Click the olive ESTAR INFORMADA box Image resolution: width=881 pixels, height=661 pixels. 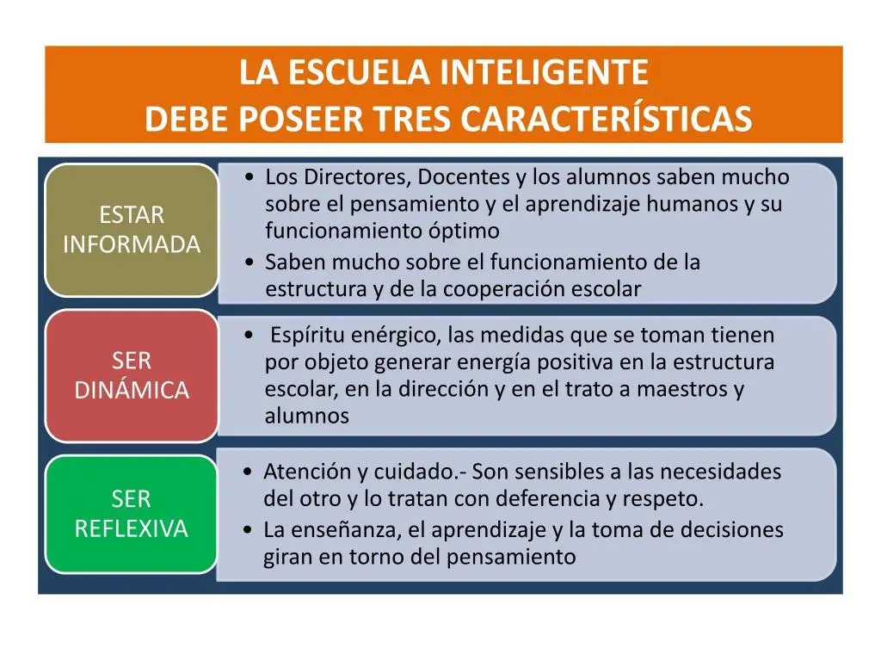click(132, 230)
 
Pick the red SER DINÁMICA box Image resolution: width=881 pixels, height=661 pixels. click(132, 375)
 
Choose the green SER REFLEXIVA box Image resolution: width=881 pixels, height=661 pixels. click(132, 514)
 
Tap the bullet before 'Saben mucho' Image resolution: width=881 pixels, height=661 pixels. click(250, 263)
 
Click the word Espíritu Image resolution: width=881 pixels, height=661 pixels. click(307, 336)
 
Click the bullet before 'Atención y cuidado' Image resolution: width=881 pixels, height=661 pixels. click(249, 472)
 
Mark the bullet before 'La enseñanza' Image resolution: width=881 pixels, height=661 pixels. click(249, 529)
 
